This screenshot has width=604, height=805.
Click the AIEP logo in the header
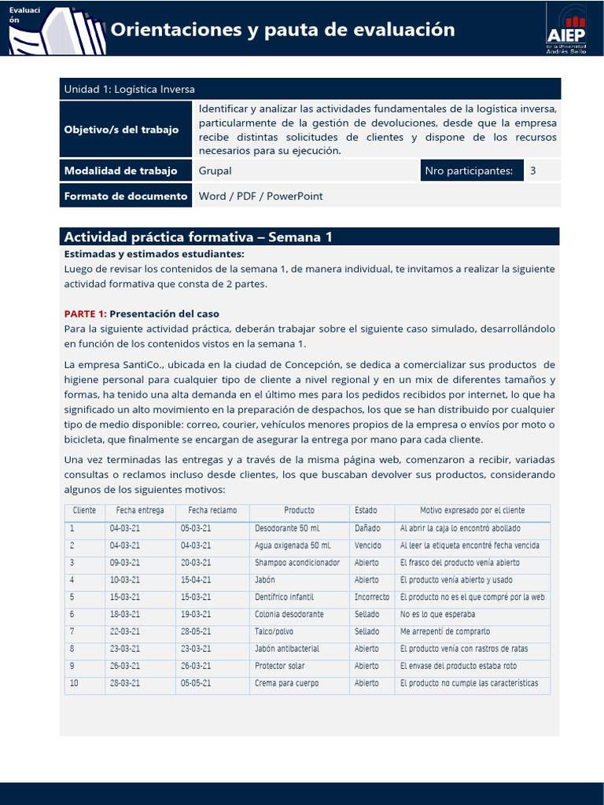click(x=566, y=28)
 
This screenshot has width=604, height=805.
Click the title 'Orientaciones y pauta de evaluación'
click(x=282, y=30)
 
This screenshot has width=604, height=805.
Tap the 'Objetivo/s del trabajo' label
click(x=121, y=129)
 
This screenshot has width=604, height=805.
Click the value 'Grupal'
click(x=215, y=171)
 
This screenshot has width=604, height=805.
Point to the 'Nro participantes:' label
click(x=469, y=171)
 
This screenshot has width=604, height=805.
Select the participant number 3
click(x=532, y=171)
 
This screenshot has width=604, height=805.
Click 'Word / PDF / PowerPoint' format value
click(x=260, y=196)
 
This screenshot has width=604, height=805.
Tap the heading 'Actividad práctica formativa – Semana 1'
click(x=198, y=237)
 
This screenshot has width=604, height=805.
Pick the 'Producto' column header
click(x=299, y=511)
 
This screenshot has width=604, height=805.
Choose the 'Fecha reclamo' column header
click(x=212, y=511)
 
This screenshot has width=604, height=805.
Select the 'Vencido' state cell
click(x=367, y=546)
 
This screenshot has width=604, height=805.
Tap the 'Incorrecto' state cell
click(x=371, y=597)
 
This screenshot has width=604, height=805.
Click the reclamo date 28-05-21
click(x=196, y=632)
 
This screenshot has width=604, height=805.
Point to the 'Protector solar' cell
click(x=279, y=667)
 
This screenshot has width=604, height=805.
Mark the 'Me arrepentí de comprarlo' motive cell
click(x=444, y=632)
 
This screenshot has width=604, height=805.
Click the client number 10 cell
click(x=74, y=684)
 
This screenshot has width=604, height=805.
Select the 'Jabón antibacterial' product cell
click(x=286, y=649)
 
